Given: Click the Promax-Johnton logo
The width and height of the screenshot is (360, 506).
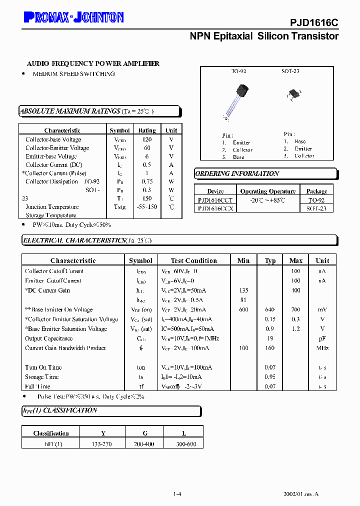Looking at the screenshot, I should point(73,18).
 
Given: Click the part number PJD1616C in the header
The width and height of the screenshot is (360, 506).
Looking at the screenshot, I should point(314,23).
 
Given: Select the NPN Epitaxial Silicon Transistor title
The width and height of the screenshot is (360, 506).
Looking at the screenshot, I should point(264,36).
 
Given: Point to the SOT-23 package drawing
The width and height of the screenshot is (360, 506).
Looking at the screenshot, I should point(293,94).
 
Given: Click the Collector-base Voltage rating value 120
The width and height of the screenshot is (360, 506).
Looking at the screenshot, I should point(147,139).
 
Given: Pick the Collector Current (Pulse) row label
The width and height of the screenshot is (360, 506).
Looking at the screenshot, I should point(54,173).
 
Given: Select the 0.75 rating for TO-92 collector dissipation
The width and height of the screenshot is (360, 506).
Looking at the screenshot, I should point(147,181).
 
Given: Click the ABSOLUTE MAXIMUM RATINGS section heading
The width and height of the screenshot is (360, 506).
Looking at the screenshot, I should point(69,111).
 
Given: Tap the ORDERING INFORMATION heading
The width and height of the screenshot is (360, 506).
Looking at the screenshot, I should point(237,173).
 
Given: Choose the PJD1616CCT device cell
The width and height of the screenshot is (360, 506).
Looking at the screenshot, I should point(215,199).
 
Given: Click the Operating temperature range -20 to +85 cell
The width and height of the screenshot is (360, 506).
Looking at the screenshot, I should point(267,199).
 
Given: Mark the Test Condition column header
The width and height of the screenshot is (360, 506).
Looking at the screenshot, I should point(193,260).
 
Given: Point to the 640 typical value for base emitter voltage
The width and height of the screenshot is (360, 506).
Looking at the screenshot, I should point(270,309).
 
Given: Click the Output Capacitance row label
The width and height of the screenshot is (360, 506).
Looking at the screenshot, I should point(49,338).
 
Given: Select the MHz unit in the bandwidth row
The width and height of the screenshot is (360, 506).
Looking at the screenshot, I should point(322,348).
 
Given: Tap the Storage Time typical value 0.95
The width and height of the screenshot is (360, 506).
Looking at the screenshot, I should point(270,376).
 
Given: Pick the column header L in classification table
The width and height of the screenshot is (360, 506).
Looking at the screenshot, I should point(184,433).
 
